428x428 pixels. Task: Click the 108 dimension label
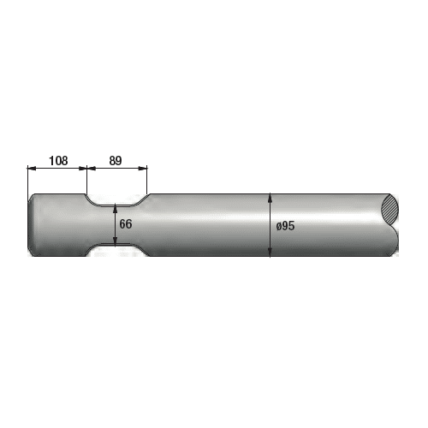pos(58,161)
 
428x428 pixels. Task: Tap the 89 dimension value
pos(116,161)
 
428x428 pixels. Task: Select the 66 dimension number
pos(126,224)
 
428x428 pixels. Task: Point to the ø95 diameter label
pos(285,226)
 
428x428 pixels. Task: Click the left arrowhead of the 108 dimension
pos(32,169)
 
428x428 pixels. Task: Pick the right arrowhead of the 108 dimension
pos(82,169)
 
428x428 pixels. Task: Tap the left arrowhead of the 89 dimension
pos(91,169)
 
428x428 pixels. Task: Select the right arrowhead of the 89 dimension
pos(143,169)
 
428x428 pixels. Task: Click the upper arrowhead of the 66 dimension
pos(115,208)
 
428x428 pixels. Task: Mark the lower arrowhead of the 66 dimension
pos(115,241)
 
